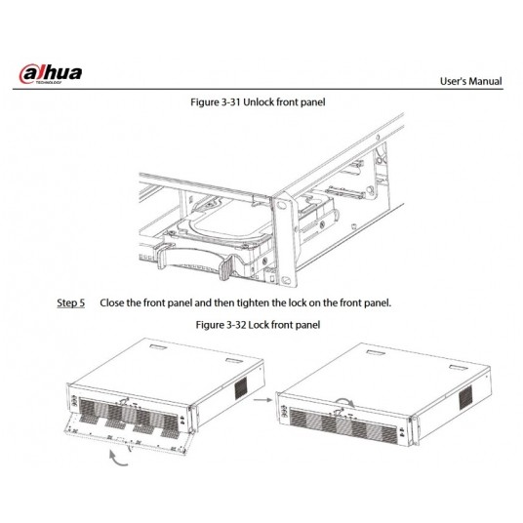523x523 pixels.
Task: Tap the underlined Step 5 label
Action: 70,302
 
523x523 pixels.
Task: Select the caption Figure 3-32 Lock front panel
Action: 261,323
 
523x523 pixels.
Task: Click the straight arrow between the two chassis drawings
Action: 259,398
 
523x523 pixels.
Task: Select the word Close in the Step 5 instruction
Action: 116,302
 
